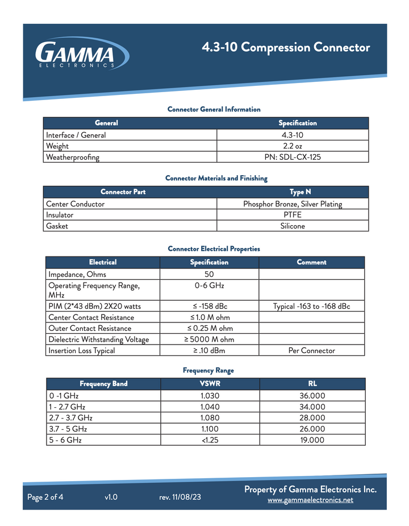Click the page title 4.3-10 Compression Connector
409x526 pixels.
tap(286, 47)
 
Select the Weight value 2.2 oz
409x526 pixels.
tap(293, 146)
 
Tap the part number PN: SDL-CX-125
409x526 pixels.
tap(293, 157)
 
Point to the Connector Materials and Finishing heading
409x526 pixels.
tap(216, 179)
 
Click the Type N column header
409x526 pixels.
tap(300, 192)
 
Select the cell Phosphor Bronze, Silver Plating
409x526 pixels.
tap(293, 204)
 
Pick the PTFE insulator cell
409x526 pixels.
tap(293, 215)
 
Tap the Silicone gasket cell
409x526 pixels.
tap(293, 226)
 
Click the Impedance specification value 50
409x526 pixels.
tap(209, 275)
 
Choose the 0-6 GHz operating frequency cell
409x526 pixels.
tap(209, 285)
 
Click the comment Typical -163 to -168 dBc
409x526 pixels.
tap(311, 307)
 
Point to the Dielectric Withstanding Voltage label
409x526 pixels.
tap(99, 339)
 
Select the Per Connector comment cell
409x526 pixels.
tap(311, 351)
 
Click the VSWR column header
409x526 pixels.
tap(210, 384)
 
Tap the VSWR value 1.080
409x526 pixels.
tap(210, 418)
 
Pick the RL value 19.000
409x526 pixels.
tap(312, 440)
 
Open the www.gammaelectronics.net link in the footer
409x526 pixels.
tap(310, 500)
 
